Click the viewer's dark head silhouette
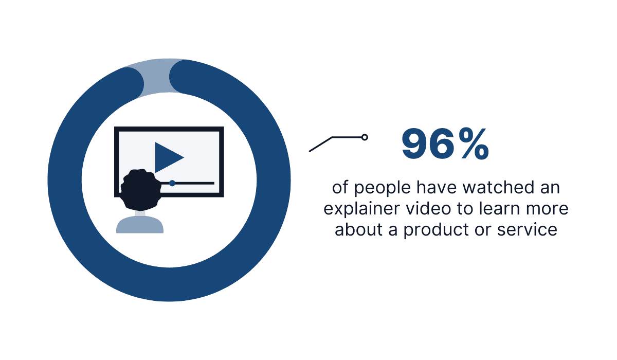140,189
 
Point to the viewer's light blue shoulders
140,225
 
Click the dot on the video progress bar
172,183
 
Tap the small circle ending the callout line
365,137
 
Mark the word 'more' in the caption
549,209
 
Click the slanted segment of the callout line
321,145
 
